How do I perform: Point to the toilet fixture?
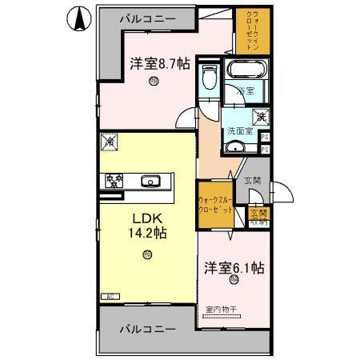click(209, 78)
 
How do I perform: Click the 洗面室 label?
click(242, 130)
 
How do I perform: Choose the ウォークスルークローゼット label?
click(215, 205)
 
